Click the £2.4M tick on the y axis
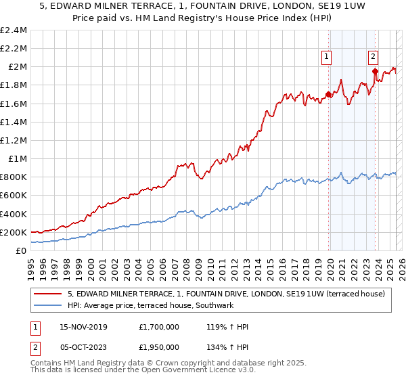coord(14,30)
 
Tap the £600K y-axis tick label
coord(14,196)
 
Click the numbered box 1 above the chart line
coord(327,58)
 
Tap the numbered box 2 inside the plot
coord(374,58)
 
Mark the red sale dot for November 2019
coord(329,95)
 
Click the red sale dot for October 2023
coord(375,71)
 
